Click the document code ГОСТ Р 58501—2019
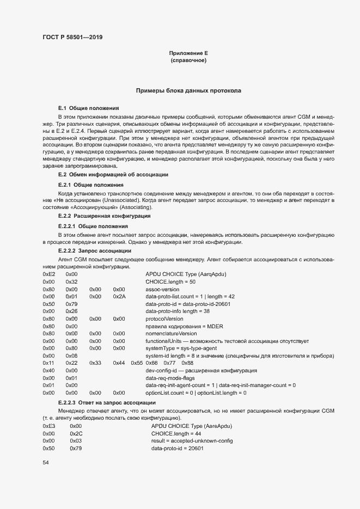point(72,38)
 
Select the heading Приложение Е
point(188,53)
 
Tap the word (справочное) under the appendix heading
point(188,60)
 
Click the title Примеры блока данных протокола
point(188,90)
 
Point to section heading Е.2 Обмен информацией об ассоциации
point(113,174)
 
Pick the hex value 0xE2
point(48,274)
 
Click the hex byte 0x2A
point(119,297)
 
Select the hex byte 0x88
point(187,363)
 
